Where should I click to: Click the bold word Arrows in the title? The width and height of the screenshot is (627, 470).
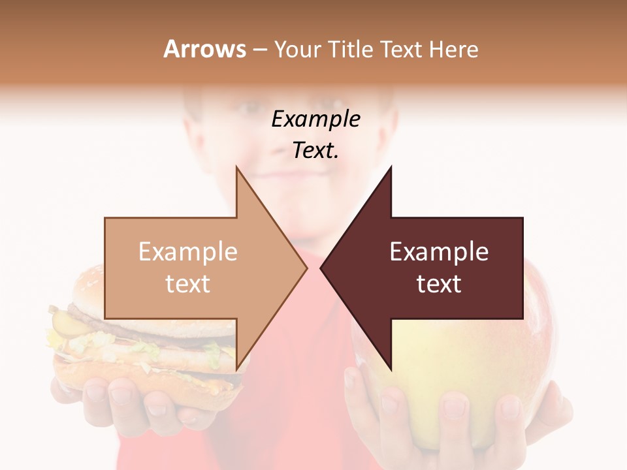pos(204,49)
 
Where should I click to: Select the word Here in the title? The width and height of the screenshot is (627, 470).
pos(453,49)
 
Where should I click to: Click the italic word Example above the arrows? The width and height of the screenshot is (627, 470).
pos(315,119)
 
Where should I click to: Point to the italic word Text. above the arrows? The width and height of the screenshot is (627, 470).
pos(315,151)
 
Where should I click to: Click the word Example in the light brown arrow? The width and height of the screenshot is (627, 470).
pos(188,252)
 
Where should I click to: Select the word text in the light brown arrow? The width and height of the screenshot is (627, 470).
pos(188,284)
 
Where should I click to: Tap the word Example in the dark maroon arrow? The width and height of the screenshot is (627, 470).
pos(439,252)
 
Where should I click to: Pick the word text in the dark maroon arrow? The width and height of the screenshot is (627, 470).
pos(439,284)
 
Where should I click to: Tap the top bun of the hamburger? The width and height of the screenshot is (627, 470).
pos(104,287)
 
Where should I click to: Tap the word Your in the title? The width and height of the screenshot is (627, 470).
pos(298,49)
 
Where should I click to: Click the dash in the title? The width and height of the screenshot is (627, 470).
pos(259,49)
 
